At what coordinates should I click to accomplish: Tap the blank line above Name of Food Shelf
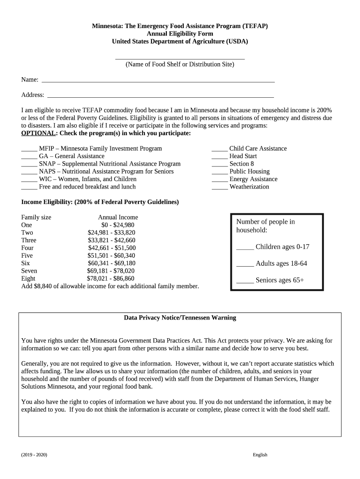point(180,58)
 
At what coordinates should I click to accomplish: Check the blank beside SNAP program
point(29,164)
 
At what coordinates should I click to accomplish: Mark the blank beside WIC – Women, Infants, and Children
point(29,180)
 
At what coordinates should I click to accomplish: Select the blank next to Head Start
point(219,157)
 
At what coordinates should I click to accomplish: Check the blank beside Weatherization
point(219,187)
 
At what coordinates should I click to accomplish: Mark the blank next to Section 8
point(219,164)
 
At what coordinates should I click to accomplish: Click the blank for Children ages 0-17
point(245,247)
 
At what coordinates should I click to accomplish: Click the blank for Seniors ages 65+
point(245,281)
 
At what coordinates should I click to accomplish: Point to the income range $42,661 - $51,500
point(112,248)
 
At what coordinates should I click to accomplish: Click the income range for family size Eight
point(110,278)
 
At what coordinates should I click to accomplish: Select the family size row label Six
point(26,263)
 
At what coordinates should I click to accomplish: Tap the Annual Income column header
point(118,218)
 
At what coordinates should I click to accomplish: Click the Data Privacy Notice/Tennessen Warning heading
point(180,318)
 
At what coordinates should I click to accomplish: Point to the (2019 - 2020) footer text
point(34,455)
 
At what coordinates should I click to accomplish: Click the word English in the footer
point(260,455)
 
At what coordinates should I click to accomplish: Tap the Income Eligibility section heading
point(100,202)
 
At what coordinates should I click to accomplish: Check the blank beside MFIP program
point(29,149)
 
